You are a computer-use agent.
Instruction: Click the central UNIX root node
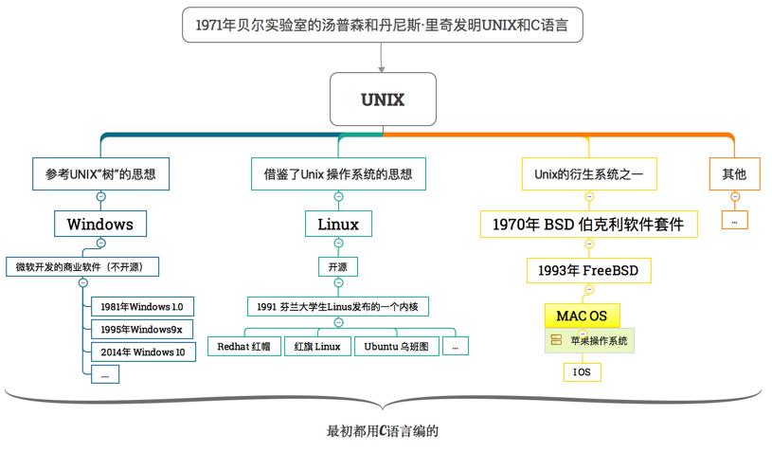click(383, 99)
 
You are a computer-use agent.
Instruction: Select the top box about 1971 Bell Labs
click(382, 25)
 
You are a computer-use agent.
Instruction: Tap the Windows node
click(100, 224)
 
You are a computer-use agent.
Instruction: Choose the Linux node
click(338, 224)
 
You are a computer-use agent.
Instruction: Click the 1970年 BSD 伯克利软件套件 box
click(589, 224)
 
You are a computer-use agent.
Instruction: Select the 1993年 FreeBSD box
click(588, 270)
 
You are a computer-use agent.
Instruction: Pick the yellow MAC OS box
click(582, 316)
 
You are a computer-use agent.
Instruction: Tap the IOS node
click(582, 372)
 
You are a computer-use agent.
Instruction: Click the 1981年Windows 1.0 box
click(142, 306)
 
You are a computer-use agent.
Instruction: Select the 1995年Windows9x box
click(142, 329)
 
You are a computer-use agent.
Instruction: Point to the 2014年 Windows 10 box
click(143, 352)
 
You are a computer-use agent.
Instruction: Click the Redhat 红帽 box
click(243, 347)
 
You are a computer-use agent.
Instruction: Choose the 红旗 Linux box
click(316, 347)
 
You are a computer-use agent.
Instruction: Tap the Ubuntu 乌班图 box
click(397, 347)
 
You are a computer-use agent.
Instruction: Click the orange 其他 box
click(734, 173)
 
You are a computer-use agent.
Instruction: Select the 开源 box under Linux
click(338, 267)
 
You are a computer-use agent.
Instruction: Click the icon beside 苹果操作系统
click(556, 340)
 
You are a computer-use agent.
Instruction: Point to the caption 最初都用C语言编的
click(383, 431)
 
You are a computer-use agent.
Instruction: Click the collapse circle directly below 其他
click(735, 197)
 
